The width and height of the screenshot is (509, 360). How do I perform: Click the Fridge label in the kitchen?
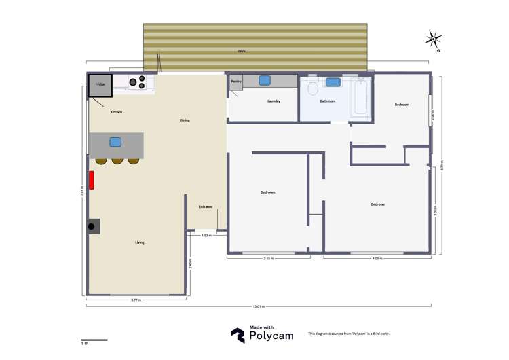coord(100,84)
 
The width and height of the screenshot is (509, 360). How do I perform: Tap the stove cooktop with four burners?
coord(138,82)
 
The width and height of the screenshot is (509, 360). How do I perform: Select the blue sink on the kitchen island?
coord(115,142)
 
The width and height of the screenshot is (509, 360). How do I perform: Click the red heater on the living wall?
coord(92,180)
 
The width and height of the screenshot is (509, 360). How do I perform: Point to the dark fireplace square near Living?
coord(93,227)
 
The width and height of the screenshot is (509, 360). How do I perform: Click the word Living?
coord(139,242)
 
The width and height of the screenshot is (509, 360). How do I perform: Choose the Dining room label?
coord(185,120)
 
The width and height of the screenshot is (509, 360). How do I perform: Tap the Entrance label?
coord(205,206)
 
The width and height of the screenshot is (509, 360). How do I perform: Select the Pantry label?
coord(236,81)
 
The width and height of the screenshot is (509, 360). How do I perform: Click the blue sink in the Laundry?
coord(265,80)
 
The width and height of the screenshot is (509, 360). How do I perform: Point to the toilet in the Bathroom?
coord(312,89)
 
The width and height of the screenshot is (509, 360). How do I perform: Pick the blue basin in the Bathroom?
coord(333,82)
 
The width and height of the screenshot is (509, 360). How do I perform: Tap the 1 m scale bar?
coord(94,340)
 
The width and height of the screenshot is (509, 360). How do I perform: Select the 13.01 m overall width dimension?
coord(259,307)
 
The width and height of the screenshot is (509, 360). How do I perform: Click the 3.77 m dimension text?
coord(136,300)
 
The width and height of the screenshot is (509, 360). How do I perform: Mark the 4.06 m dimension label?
coord(377,259)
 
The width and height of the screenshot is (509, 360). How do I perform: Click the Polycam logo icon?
coord(238,335)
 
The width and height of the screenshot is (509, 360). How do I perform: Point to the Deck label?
coord(241,51)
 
